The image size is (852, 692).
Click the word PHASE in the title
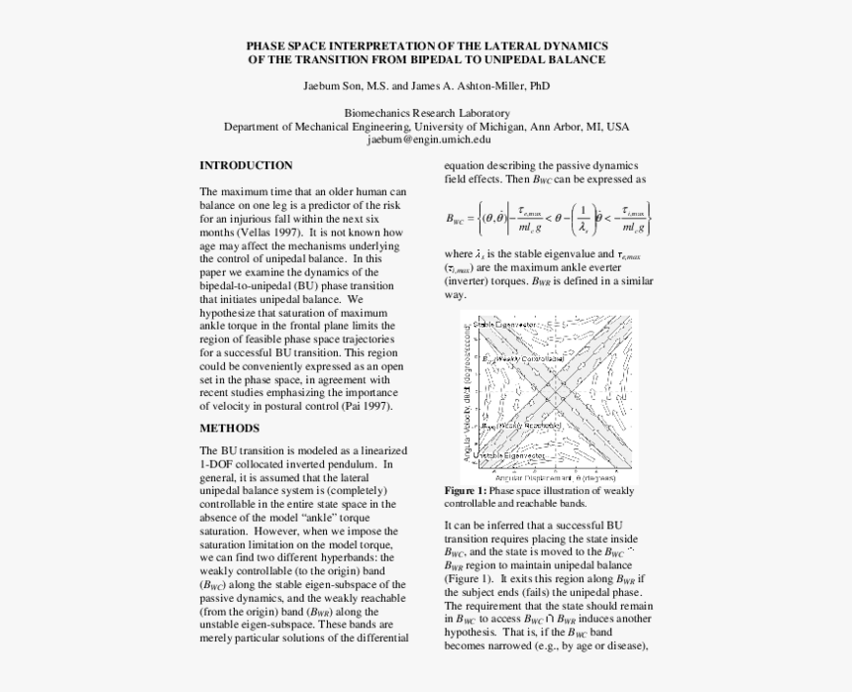[265, 46]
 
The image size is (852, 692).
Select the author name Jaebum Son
[332, 86]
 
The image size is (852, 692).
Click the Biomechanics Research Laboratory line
[426, 114]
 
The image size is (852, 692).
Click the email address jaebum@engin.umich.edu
[426, 140]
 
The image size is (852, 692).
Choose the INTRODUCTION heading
[246, 165]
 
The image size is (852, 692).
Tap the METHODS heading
[229, 429]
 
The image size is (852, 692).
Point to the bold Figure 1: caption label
[465, 491]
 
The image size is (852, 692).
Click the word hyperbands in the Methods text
[337, 558]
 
